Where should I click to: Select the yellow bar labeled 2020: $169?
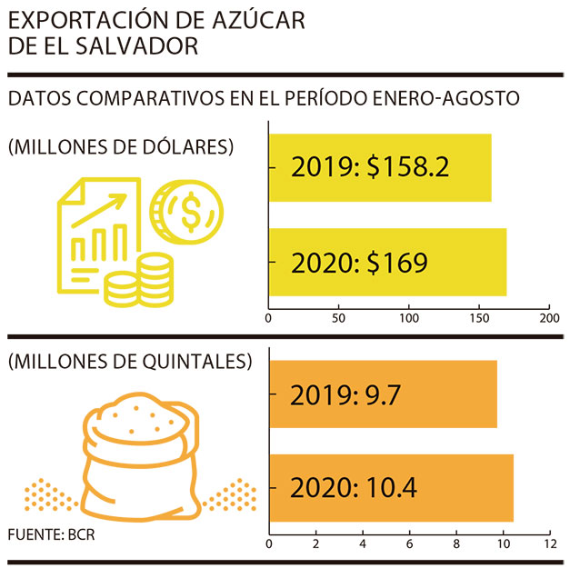tap(387, 263)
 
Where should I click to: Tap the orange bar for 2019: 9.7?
tap(383, 394)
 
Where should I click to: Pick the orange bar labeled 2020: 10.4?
tap(391, 488)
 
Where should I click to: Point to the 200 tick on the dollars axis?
tap(548, 318)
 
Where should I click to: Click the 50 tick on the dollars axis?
tap(338, 318)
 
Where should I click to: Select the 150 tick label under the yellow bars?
tap(478, 318)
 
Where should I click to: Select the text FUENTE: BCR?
tap(51, 534)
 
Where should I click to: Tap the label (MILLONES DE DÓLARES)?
tap(121, 146)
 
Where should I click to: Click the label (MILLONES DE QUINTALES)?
tap(129, 362)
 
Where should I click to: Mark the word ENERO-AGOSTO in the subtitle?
tap(451, 98)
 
